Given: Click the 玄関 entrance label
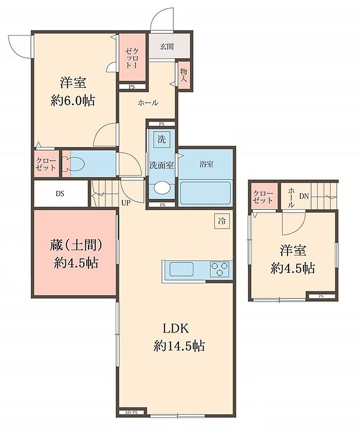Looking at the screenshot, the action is click(167, 46).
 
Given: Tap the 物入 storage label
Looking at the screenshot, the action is click(184, 76).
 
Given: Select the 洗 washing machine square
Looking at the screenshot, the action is click(161, 140).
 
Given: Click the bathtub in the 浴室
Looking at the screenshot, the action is click(205, 193).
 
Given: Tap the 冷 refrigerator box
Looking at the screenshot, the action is click(222, 221).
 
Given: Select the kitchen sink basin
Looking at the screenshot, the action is click(182, 269).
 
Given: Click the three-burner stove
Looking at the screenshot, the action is click(219, 269).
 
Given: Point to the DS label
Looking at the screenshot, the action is click(60, 194).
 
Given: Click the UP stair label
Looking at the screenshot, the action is click(126, 203).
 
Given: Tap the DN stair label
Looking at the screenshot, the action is click(304, 196).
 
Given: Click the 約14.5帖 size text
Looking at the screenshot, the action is click(179, 346).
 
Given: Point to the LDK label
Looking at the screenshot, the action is click(176, 328).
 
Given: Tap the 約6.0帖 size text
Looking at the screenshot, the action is click(73, 101).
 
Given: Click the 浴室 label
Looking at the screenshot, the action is click(206, 164).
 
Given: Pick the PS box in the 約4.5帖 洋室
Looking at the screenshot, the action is click(321, 296).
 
